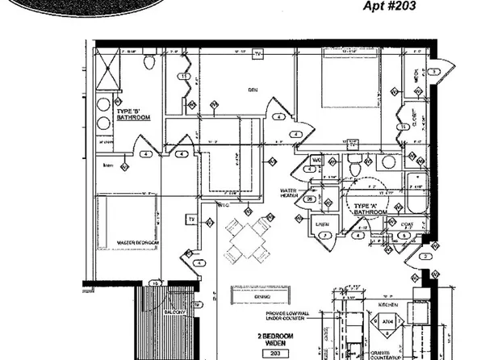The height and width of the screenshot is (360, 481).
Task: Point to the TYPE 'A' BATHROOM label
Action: (366, 209)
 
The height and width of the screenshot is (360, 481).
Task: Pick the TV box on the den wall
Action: (258, 54)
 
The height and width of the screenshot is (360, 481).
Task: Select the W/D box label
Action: (317, 161)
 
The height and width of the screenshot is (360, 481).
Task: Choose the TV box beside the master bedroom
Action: (192, 218)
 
